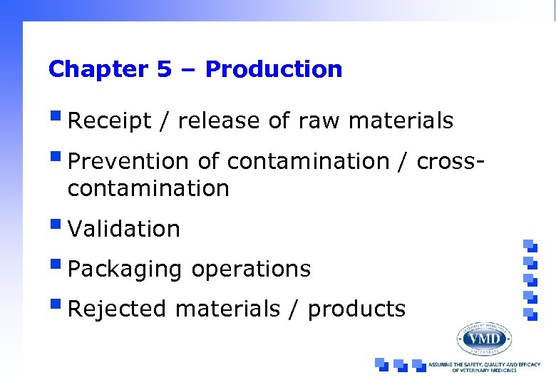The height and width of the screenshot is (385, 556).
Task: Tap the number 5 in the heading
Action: click(x=162, y=70)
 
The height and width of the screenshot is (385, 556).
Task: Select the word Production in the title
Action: click(x=274, y=70)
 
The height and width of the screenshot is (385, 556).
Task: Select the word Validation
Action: click(x=124, y=229)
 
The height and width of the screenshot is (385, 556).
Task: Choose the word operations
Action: click(x=251, y=269)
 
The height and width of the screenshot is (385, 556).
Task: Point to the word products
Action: click(x=356, y=309)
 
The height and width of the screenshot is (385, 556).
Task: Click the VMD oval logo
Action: click(x=484, y=337)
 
